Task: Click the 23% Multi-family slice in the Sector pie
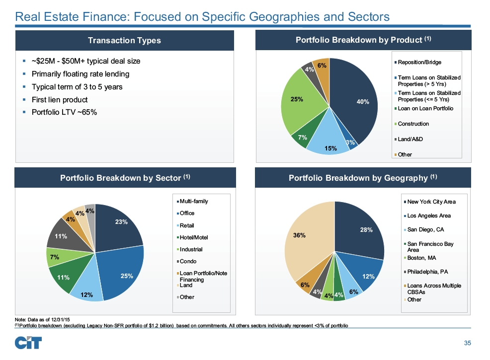point(119,226)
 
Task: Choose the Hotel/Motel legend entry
point(194,237)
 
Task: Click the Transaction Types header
point(124,40)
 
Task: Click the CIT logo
point(28,343)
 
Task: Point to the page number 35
point(467,343)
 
